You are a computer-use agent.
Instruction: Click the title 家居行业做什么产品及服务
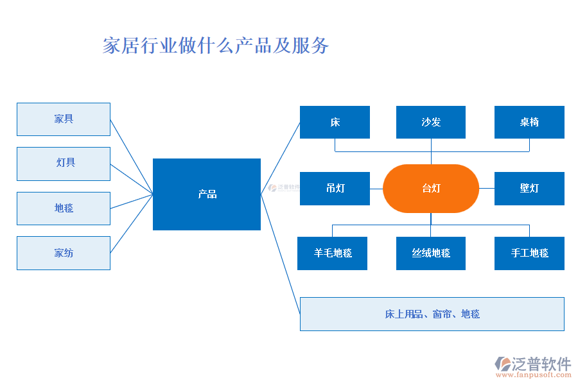(216, 46)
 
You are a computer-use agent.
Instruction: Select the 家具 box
(64, 119)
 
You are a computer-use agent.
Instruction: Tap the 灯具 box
(64, 164)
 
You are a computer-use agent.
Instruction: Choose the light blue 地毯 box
(64, 209)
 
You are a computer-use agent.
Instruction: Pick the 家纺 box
(64, 253)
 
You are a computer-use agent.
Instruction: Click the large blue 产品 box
(207, 194)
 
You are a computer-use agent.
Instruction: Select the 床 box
(335, 122)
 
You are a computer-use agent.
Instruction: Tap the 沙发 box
(431, 122)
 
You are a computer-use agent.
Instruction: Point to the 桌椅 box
(529, 122)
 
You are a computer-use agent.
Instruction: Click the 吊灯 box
(335, 189)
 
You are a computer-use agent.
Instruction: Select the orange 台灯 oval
(431, 189)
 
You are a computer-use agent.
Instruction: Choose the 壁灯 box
(529, 189)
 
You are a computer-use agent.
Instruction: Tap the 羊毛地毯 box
(333, 253)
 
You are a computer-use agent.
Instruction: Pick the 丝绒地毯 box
(431, 253)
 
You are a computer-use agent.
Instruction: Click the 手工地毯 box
(529, 253)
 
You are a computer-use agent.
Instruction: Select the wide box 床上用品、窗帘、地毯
(432, 314)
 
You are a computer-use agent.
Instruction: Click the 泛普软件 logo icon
(503, 364)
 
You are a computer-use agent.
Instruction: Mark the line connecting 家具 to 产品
(132, 157)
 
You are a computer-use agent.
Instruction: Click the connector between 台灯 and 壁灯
(487, 189)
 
